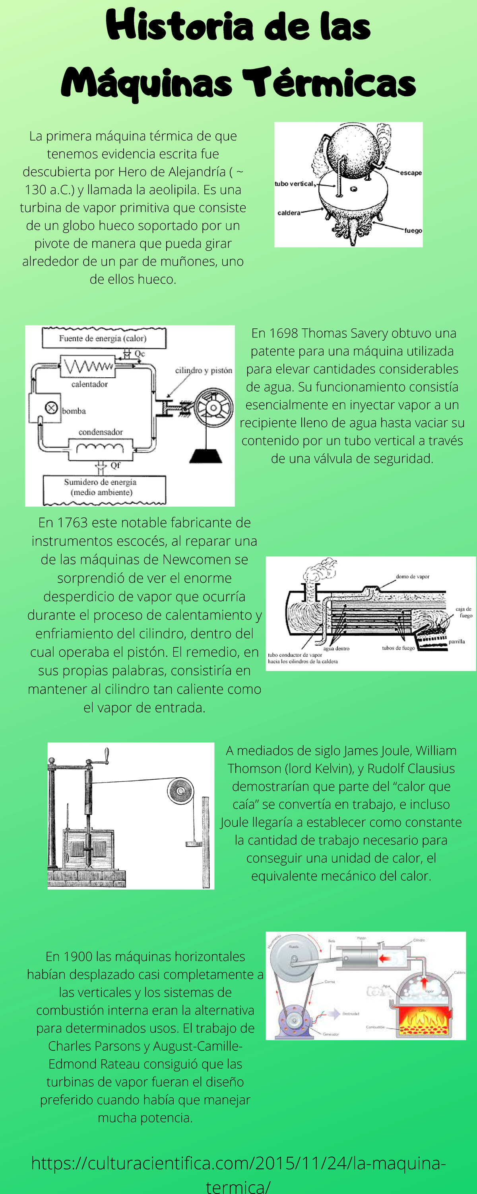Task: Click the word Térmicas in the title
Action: (x=328, y=82)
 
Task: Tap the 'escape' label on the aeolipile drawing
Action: (x=410, y=173)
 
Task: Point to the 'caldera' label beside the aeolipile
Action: (x=289, y=213)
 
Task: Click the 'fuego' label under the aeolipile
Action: (x=413, y=230)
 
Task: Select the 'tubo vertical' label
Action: (x=294, y=183)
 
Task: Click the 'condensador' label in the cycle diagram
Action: (x=101, y=432)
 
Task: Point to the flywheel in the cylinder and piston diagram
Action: (x=213, y=408)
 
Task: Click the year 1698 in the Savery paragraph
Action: (x=284, y=333)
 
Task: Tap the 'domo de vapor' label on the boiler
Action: (x=412, y=577)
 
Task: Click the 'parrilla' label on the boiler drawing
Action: (x=456, y=642)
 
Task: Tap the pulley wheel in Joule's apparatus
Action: (x=180, y=791)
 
